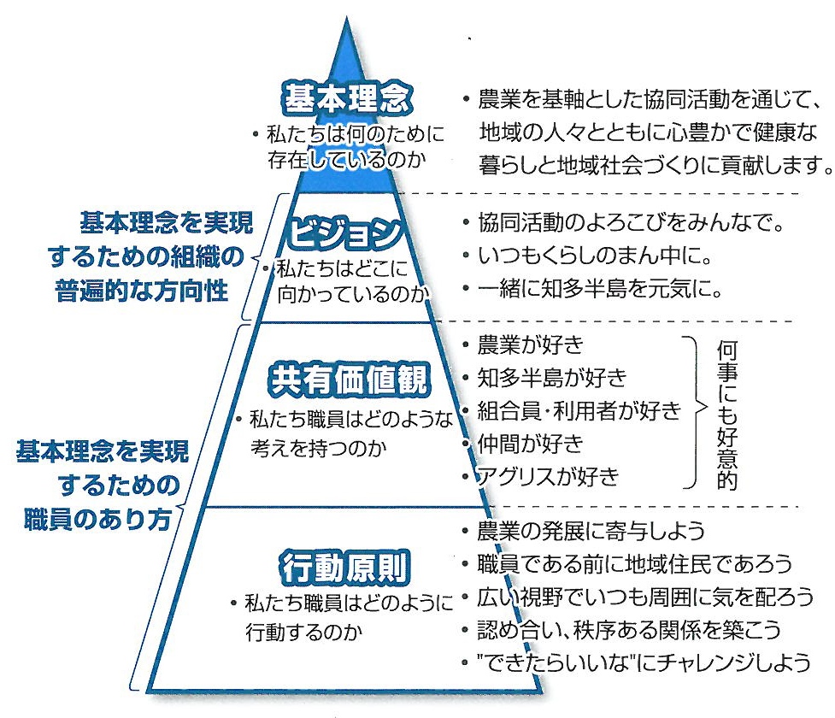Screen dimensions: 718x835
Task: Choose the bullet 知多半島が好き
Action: (x=552, y=378)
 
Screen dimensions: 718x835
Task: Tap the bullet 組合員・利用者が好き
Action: (x=579, y=410)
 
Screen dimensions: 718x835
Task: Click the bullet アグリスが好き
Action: (x=547, y=475)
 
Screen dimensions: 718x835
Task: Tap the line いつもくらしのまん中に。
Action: (x=596, y=256)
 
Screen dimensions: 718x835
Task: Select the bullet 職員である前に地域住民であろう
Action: (x=635, y=563)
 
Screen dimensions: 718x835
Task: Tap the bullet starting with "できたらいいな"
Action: (x=641, y=662)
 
